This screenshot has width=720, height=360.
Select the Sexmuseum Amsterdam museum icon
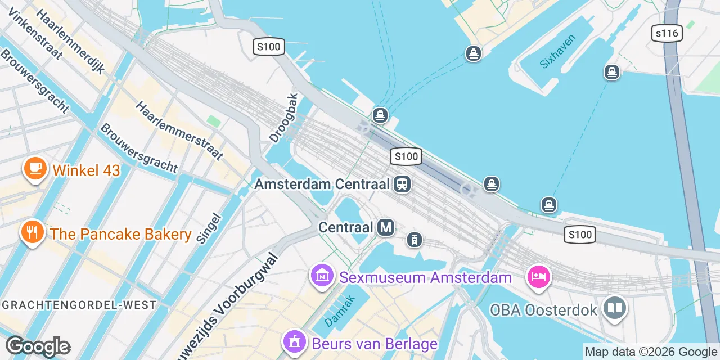pyautogui.click(x=322, y=276)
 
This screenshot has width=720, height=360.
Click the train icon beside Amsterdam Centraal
pyautogui.click(x=402, y=184)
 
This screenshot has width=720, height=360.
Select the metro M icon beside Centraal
pyautogui.click(x=385, y=227)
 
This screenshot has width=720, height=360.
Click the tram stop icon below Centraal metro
pyautogui.click(x=415, y=240)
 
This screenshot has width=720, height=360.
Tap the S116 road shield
pyautogui.click(x=667, y=33)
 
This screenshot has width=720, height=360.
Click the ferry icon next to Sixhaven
pyautogui.click(x=611, y=72)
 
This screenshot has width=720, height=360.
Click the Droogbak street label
pyautogui.click(x=283, y=117)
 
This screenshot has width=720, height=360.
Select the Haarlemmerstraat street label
pyautogui.click(x=179, y=130)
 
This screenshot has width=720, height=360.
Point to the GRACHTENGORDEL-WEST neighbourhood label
pyautogui.click(x=79, y=305)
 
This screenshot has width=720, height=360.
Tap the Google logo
pyautogui.click(x=38, y=346)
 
